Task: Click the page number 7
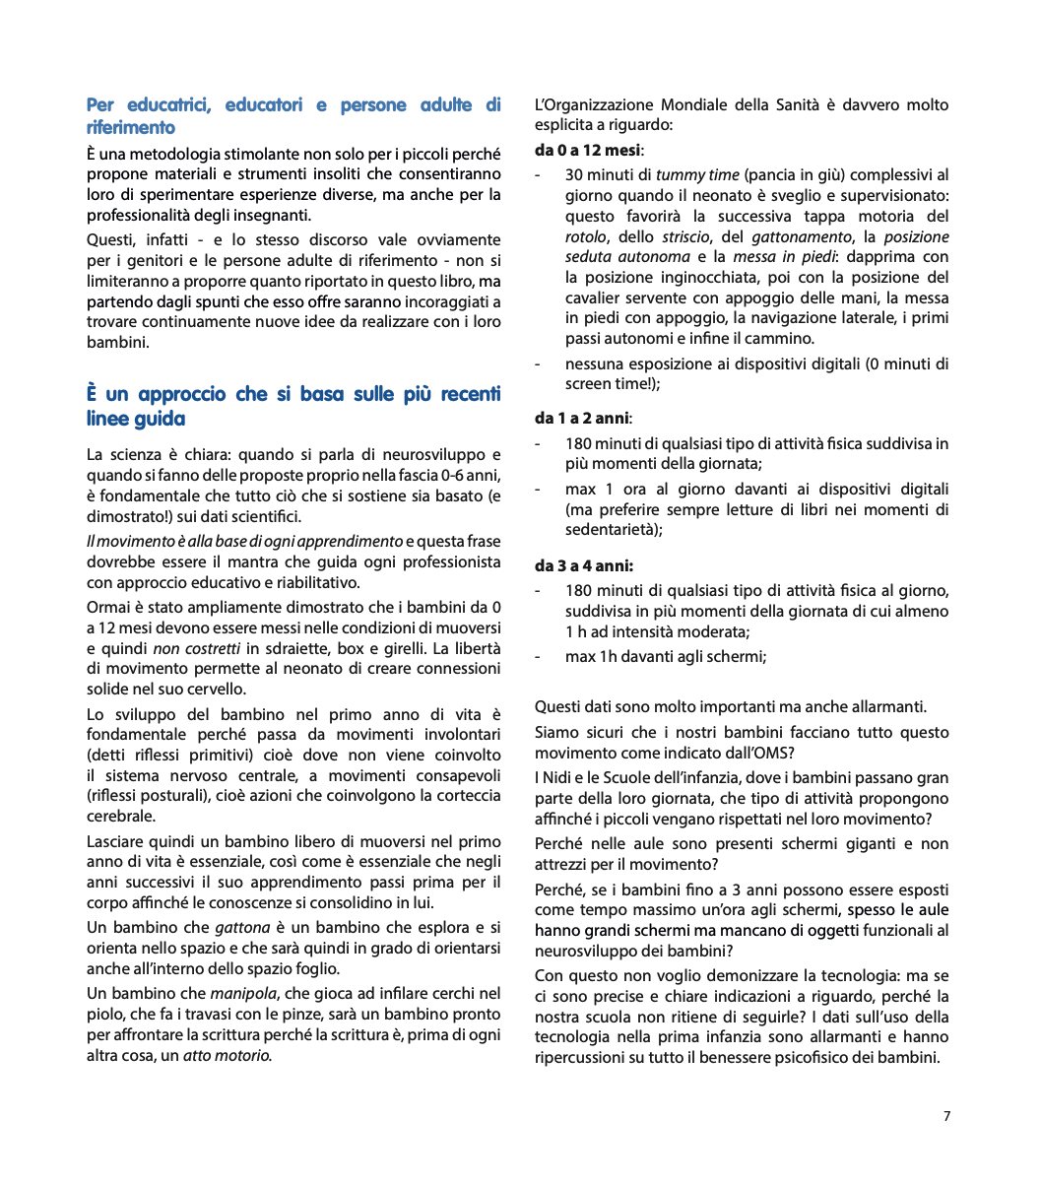946,1116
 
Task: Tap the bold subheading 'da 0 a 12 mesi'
587,150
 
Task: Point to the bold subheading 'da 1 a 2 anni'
582,418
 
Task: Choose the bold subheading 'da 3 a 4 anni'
583,565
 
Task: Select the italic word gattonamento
801,236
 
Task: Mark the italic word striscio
685,236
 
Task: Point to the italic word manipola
243,994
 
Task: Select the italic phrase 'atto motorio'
227,1055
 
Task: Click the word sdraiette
295,648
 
